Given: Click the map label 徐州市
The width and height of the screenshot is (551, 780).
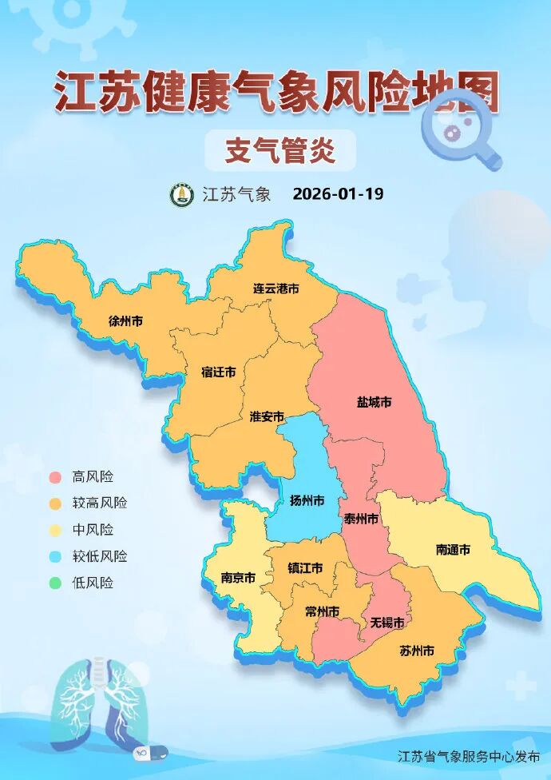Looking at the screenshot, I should [125, 321].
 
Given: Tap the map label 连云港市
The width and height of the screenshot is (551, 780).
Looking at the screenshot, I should [276, 289].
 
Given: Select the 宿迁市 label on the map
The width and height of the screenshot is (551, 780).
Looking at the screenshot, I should [218, 372].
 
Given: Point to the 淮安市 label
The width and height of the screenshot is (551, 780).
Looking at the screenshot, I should [267, 416].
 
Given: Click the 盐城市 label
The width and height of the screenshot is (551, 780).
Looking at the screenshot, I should [374, 402].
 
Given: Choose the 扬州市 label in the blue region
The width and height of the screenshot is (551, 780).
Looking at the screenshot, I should [307, 501].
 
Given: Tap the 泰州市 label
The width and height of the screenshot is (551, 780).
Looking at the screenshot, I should [361, 519].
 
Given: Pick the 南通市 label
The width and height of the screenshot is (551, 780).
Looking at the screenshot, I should [453, 550].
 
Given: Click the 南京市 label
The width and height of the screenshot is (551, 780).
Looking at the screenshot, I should [238, 577].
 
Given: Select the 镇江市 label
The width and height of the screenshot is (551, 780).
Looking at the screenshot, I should [305, 568].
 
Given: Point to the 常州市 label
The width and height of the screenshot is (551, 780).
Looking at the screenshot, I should [323, 611].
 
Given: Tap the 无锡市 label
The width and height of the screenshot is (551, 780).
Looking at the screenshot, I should [386, 622].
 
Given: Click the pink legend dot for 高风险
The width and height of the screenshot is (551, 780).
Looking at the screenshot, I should [55, 477].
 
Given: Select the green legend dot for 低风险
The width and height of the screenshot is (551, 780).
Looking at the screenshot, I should [55, 583].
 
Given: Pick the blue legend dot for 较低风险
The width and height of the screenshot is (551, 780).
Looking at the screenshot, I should [55, 557].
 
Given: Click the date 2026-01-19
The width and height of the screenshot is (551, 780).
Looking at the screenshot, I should [338, 194].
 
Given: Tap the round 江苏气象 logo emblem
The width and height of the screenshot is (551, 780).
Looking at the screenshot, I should [182, 194].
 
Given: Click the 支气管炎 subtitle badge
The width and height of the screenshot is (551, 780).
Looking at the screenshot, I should [279, 150].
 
